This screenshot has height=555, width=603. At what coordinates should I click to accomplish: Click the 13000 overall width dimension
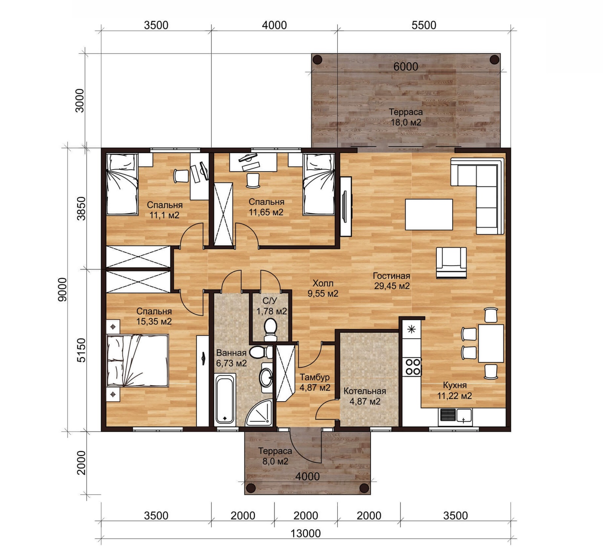306,533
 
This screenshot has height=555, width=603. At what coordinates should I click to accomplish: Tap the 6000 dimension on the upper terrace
406,67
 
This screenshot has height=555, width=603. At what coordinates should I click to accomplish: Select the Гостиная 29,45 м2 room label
392,281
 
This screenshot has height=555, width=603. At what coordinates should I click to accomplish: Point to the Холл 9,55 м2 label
323,288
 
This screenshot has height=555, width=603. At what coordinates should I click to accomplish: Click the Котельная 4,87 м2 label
365,396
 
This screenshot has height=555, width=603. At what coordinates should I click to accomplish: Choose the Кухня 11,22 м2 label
455,390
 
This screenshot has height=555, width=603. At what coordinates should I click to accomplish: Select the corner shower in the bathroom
259,413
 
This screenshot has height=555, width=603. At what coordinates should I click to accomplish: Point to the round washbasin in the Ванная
266,377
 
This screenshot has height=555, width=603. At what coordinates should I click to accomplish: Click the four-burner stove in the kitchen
412,367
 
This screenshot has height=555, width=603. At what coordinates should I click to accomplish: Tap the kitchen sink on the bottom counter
456,416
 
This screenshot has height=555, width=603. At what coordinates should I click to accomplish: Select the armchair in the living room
451,263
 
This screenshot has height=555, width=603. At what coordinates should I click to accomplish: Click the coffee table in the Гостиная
429,214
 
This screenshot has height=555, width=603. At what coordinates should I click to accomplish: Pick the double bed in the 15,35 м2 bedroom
138,361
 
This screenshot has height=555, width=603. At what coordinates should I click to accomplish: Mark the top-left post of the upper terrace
317,60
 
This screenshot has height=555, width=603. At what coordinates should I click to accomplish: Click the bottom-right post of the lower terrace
364,488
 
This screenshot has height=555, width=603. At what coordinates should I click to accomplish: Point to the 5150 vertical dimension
81,350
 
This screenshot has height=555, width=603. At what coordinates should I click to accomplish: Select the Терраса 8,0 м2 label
275,456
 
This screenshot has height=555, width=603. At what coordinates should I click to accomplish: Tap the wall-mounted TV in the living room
344,206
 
